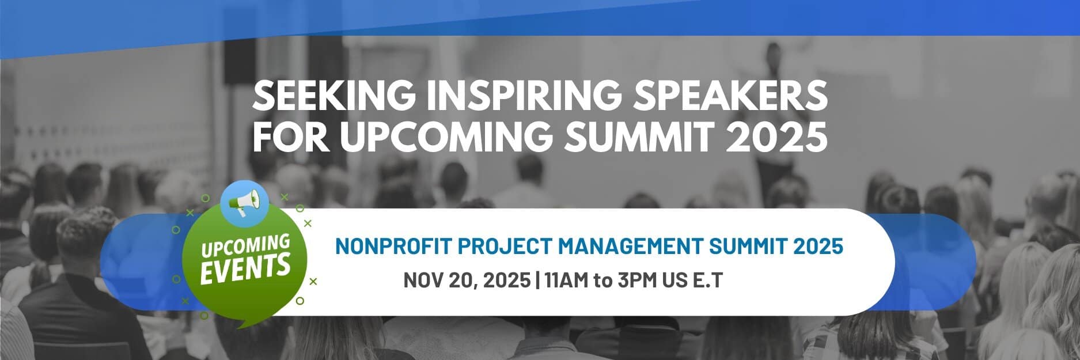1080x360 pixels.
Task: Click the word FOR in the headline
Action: pyautogui.click(x=291, y=137)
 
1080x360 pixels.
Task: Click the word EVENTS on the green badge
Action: pyautogui.click(x=245, y=268)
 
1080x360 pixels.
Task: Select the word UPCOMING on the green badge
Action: pyautogui.click(x=245, y=247)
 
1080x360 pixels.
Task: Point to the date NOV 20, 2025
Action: pyautogui.click(x=467, y=281)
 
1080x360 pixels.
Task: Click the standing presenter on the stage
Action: pyautogui.click(x=770, y=109)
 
